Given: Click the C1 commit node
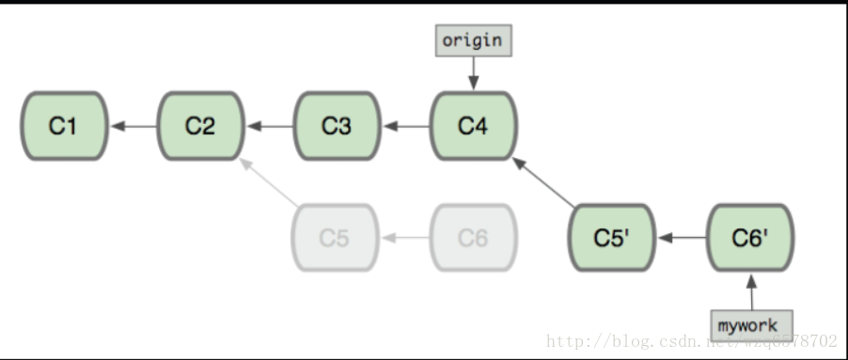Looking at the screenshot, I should [x=63, y=125].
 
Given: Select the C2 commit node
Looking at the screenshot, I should [x=200, y=125].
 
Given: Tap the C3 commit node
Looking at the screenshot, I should [x=337, y=125].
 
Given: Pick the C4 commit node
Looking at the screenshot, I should [x=474, y=125].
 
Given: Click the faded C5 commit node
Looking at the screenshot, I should [x=335, y=238].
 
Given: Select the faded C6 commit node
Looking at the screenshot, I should [x=473, y=238].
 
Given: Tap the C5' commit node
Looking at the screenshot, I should [x=610, y=238].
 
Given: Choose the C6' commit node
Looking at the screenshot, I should [x=749, y=238].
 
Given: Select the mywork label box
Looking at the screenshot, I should [x=750, y=325].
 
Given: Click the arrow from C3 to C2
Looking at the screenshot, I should [x=269, y=125].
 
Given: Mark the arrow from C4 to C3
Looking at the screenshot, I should [x=405, y=125].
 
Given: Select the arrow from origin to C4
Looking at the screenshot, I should [x=473, y=71].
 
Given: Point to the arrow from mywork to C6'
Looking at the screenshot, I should [x=750, y=290].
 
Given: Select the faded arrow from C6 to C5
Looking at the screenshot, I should [x=404, y=238].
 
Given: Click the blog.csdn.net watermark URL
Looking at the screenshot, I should [x=692, y=340].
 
